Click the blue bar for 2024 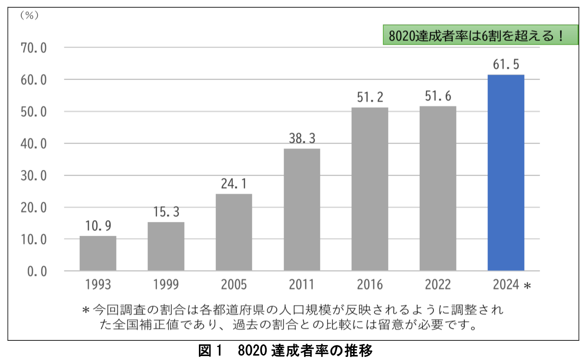[x=506, y=173]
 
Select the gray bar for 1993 [x=98, y=253]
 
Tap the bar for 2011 [x=302, y=210]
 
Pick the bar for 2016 [x=370, y=189]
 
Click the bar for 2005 [x=234, y=232]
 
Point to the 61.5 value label [x=506, y=64]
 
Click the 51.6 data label [x=438, y=96]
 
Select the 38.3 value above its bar [x=302, y=138]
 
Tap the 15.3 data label [x=166, y=212]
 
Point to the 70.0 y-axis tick [x=34, y=48]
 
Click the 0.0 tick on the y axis [x=37, y=271]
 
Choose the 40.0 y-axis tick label [x=34, y=144]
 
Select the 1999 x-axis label [x=166, y=284]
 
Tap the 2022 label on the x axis [x=438, y=284]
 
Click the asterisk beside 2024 [x=527, y=286]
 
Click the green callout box [x=480, y=35]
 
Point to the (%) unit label [x=29, y=15]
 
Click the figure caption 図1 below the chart [x=210, y=350]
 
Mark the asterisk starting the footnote [x=86, y=311]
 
